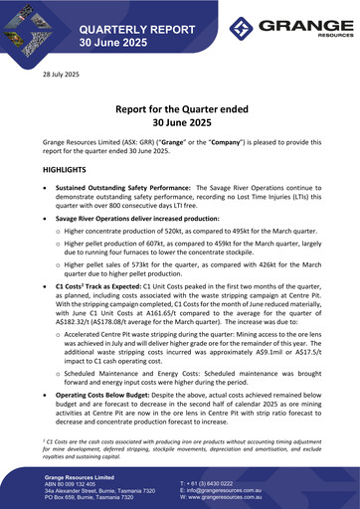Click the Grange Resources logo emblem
(246, 27)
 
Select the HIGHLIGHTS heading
(66, 170)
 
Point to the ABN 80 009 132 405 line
(84, 483)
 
